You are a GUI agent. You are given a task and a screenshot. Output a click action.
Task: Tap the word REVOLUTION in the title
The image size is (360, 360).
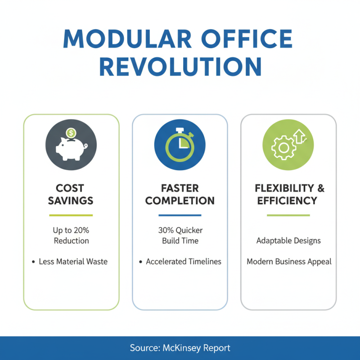tap(180, 67)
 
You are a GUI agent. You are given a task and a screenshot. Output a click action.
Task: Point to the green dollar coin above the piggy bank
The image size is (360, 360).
tap(70, 133)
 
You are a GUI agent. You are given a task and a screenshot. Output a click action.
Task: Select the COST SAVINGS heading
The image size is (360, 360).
tap(70, 194)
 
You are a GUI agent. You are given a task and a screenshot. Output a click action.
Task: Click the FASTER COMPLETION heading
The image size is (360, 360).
tap(180, 194)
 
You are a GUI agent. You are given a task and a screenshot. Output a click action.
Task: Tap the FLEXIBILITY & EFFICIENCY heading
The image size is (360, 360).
tap(289, 194)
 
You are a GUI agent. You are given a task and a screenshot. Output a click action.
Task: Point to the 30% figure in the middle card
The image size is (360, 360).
tap(166, 230)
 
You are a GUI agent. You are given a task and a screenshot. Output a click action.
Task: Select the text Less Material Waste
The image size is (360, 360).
tap(73, 261)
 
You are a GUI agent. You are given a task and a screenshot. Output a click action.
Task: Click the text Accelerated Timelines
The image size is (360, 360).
tap(184, 261)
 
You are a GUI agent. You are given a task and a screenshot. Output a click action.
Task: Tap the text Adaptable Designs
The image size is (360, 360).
tap(288, 241)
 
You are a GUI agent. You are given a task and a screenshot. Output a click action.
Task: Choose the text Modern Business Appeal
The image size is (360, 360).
tap(289, 261)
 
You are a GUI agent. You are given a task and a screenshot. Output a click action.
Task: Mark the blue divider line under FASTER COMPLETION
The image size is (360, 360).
tap(180, 215)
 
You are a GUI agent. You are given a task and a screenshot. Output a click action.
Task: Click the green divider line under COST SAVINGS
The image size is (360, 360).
tap(71, 215)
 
